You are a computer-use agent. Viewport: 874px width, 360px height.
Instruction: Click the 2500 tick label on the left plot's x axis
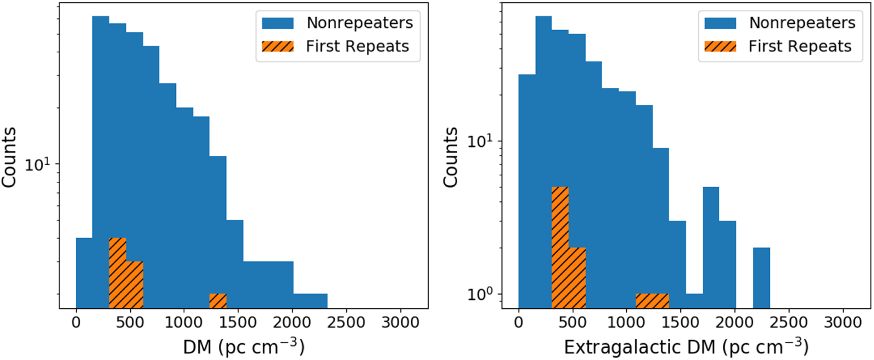(x=346, y=322)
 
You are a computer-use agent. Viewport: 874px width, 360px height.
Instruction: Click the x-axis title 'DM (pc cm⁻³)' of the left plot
(x=244, y=347)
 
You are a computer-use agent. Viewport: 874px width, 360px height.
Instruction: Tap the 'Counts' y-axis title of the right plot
(x=450, y=157)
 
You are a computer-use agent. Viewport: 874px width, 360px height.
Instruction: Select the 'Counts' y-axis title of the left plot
(x=8, y=157)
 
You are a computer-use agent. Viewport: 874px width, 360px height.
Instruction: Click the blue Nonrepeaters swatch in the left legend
(x=278, y=23)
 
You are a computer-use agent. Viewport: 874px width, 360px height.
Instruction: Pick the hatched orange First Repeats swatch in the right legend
(x=720, y=46)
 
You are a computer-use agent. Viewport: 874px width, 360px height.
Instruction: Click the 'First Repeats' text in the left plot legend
(x=357, y=46)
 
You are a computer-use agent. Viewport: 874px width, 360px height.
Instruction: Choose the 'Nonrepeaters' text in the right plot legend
(x=802, y=23)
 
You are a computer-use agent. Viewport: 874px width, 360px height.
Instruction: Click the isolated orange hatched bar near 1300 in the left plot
(x=218, y=301)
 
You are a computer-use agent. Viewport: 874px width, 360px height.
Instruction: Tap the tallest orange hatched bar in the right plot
(x=560, y=248)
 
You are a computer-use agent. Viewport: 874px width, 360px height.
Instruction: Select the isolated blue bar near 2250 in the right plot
(x=761, y=278)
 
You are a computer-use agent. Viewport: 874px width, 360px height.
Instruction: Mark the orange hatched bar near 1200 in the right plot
(x=652, y=300)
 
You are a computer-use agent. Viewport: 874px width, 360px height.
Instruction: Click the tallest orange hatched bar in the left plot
(x=117, y=273)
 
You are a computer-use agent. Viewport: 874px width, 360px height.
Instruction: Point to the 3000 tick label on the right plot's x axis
(x=842, y=322)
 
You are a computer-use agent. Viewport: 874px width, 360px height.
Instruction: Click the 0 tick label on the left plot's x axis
(x=76, y=322)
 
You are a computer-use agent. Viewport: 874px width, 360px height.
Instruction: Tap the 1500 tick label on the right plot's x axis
(x=680, y=322)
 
